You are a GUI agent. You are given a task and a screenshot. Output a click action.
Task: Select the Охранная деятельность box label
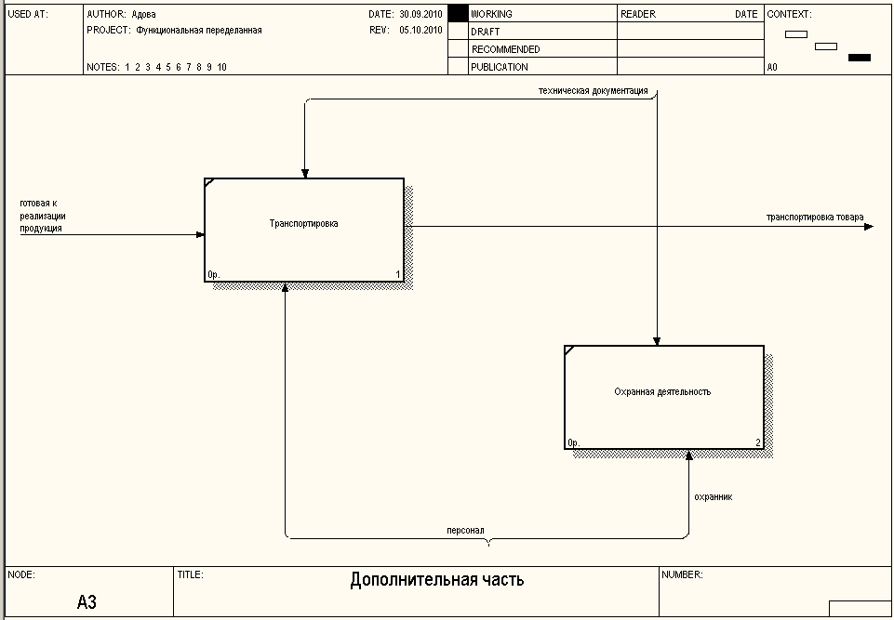pyautogui.click(x=662, y=392)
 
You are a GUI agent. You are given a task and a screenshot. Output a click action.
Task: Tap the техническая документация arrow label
pyautogui.click(x=593, y=91)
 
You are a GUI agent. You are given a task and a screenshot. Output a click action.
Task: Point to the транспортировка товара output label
pyautogui.click(x=815, y=218)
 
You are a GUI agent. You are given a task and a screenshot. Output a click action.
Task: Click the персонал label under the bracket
pyautogui.click(x=465, y=531)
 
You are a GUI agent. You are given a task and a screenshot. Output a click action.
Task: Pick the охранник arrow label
pyautogui.click(x=714, y=496)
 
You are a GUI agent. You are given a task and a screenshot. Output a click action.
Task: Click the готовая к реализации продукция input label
pyautogui.click(x=42, y=215)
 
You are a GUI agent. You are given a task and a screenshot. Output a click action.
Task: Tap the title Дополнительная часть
pyautogui.click(x=437, y=580)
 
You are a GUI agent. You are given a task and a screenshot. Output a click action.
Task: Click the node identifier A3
pyautogui.click(x=87, y=602)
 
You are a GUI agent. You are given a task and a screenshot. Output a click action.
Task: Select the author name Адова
pyautogui.click(x=144, y=15)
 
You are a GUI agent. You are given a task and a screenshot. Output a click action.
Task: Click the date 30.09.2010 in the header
pyautogui.click(x=420, y=15)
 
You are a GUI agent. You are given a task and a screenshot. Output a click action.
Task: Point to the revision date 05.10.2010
pyautogui.click(x=420, y=31)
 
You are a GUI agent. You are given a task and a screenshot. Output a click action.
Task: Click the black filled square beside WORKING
pyautogui.click(x=457, y=14)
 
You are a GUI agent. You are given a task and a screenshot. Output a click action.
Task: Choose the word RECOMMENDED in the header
pyautogui.click(x=505, y=49)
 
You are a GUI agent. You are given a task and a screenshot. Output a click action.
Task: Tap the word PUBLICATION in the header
pyautogui.click(x=500, y=67)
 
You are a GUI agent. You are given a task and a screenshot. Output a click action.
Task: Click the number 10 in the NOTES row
pyautogui.click(x=221, y=67)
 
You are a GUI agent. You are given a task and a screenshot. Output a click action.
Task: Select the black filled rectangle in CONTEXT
pyautogui.click(x=860, y=58)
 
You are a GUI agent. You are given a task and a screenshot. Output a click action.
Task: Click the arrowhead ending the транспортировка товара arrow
pyautogui.click(x=870, y=226)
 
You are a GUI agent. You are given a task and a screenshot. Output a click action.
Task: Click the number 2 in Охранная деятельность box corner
pyautogui.click(x=758, y=443)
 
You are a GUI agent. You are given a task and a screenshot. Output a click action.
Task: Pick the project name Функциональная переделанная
pyautogui.click(x=199, y=31)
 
